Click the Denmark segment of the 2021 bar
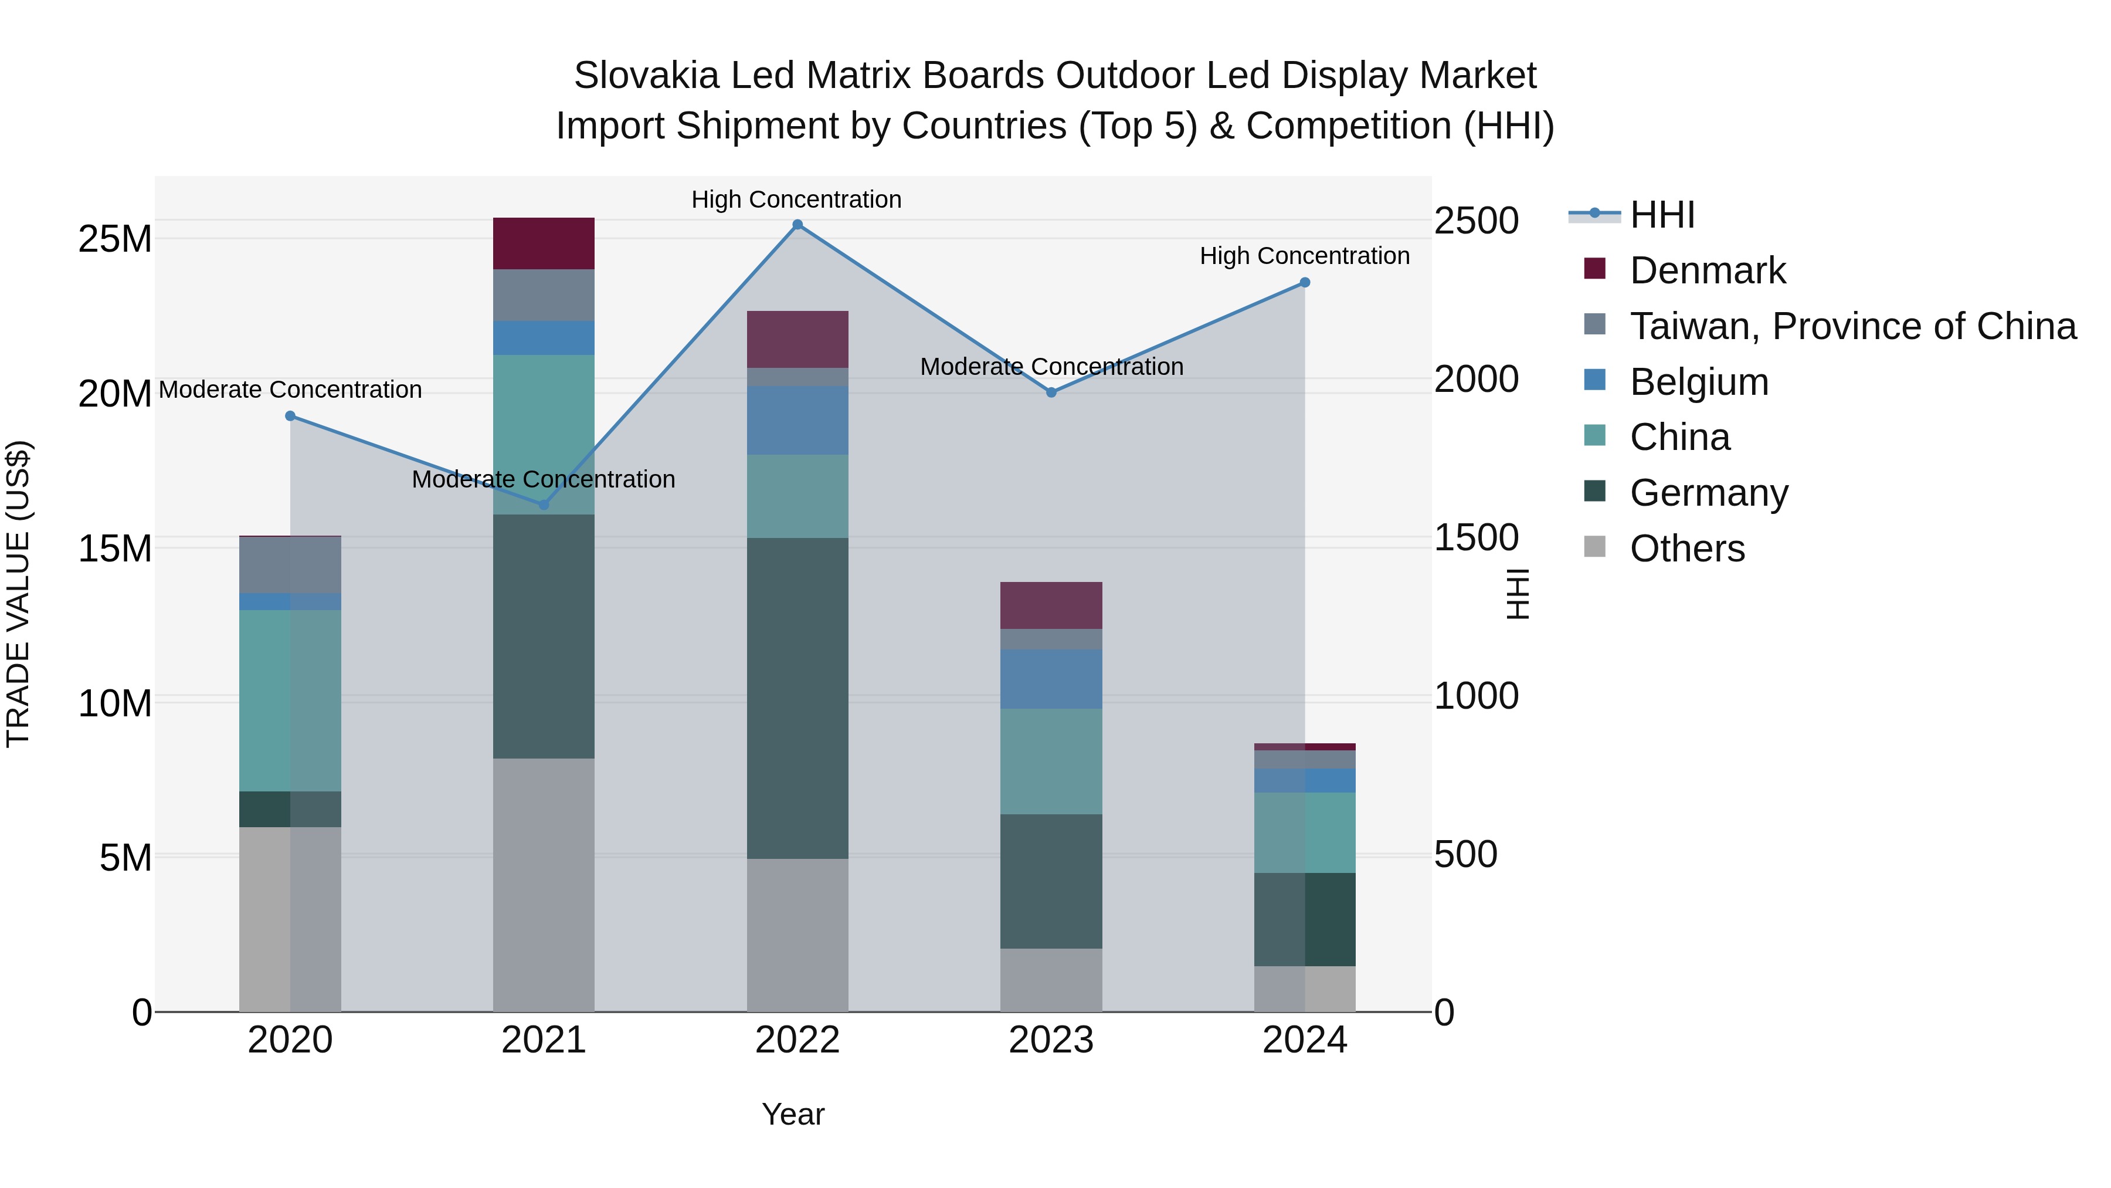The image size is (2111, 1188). tap(544, 243)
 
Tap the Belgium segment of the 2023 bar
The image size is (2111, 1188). tap(1051, 679)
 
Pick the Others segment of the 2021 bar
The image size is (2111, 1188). tap(544, 885)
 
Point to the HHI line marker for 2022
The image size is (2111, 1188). tap(797, 225)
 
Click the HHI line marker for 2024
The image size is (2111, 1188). tap(1305, 283)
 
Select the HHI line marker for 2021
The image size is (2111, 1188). tap(544, 505)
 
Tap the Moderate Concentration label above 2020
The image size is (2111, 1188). tap(290, 390)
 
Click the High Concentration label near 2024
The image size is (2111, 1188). tap(1305, 256)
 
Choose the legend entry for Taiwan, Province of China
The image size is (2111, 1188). tap(1852, 326)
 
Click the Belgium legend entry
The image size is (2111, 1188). tap(1699, 382)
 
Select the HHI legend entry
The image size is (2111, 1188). tap(1661, 215)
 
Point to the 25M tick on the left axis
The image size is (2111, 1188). tap(115, 239)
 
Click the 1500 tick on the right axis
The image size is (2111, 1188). tap(1476, 538)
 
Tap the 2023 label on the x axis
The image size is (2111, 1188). tap(1051, 1040)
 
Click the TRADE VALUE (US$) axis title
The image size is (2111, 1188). tap(18, 594)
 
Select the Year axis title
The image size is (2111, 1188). tap(792, 1114)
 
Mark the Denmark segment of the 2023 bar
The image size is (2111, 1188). tap(1051, 605)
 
